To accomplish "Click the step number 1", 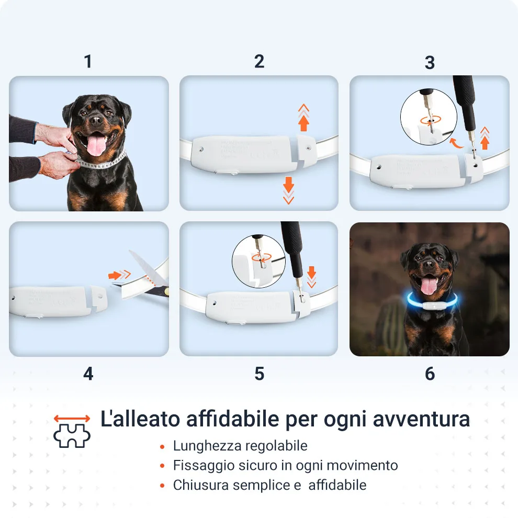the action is point(88,61).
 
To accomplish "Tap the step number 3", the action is point(430,63).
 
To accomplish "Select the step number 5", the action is point(260,374).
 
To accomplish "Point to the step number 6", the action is point(430,374).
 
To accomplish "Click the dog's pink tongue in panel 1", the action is point(96,145).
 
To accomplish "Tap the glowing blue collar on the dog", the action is point(432,301).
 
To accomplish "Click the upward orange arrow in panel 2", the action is point(303,118).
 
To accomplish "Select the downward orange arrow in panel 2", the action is point(288,190).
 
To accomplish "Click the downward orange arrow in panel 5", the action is point(311,277).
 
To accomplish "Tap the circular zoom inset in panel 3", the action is point(429,117).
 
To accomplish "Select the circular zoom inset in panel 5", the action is point(258,261).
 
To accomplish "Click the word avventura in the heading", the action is point(421,419).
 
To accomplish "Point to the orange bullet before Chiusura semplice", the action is point(162,486).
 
